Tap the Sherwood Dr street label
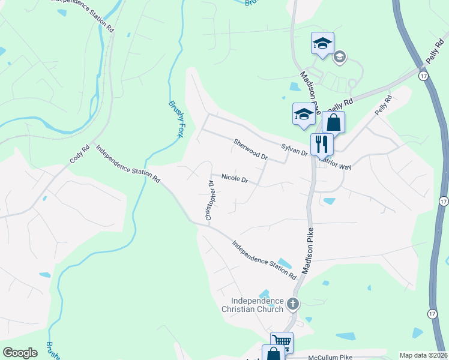[x=250, y=149]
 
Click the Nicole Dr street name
[x=235, y=178]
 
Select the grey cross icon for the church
[x=293, y=304]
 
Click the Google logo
[x=20, y=353]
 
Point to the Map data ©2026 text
[x=424, y=355]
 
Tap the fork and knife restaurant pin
[x=322, y=144]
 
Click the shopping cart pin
[x=282, y=343]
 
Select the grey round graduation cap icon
[x=339, y=57]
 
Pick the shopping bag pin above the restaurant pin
[x=333, y=122]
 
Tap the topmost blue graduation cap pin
[x=322, y=43]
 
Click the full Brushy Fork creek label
[x=176, y=119]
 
